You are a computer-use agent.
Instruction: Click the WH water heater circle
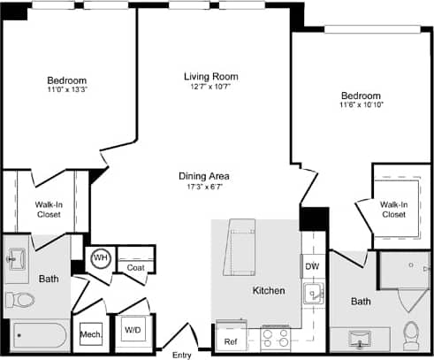click(100, 258)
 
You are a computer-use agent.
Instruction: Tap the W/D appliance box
click(133, 331)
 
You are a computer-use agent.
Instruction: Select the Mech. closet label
click(90, 334)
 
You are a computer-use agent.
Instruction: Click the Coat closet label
click(135, 267)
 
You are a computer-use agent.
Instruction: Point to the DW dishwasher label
click(312, 266)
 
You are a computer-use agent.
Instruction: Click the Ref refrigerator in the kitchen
click(230, 341)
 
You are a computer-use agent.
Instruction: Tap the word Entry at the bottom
click(182, 354)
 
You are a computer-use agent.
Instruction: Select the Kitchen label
click(269, 290)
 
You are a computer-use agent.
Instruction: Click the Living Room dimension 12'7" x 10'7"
click(210, 87)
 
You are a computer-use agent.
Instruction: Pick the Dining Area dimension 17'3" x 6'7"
click(204, 187)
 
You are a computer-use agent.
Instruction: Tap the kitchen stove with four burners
click(275, 339)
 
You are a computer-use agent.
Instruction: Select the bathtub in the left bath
click(37, 337)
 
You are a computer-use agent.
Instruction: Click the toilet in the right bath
click(411, 334)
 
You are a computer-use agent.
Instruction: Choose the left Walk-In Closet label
click(48, 210)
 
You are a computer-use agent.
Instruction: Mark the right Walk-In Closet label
click(393, 210)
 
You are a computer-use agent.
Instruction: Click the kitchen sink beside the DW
click(311, 295)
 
